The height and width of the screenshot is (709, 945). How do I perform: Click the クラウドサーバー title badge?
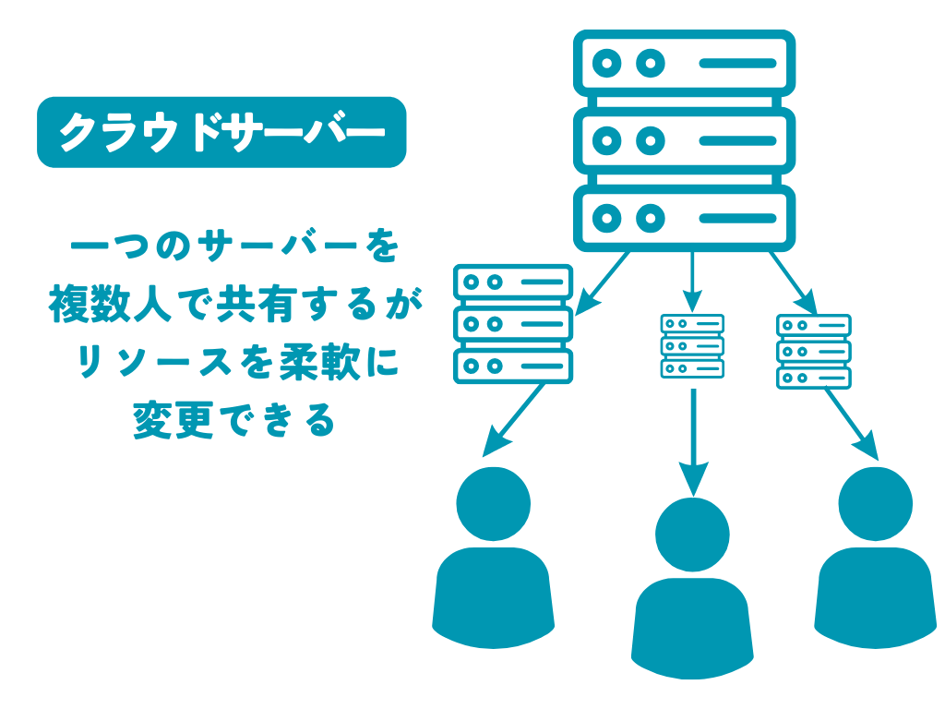[221, 132]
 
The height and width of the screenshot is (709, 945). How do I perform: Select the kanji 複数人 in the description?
[110, 306]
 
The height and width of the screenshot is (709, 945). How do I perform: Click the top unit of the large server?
[684, 64]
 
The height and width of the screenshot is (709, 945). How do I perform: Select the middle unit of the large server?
[684, 140]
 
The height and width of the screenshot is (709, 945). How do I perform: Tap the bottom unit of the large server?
[684, 218]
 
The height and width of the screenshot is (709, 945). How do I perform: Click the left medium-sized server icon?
[513, 324]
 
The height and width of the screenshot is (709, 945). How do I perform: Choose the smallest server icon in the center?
[692, 346]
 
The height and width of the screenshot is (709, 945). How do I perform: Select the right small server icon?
[813, 352]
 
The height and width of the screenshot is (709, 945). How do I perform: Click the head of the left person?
[494, 504]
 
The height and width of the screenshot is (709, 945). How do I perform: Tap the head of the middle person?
[692, 535]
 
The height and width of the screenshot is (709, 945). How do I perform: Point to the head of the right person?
[875, 504]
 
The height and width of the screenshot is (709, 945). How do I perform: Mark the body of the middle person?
[692, 628]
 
